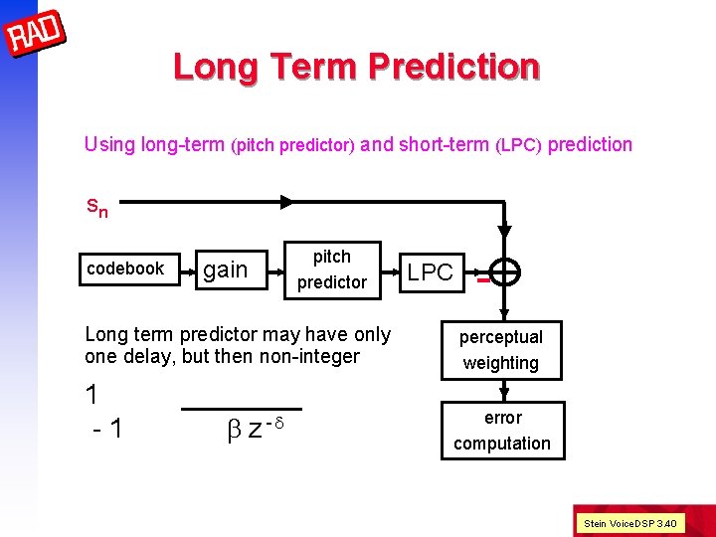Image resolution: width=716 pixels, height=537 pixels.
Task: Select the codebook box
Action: pyautogui.click(x=125, y=268)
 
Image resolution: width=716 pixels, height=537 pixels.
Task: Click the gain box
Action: pyautogui.click(x=226, y=269)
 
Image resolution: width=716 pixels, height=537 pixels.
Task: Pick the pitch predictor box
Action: pyautogui.click(x=331, y=269)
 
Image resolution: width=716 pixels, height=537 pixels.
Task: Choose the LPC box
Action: pyautogui.click(x=431, y=271)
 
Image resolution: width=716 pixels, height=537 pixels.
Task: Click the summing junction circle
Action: pyautogui.click(x=505, y=272)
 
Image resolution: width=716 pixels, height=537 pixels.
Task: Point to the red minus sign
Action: pyautogui.click(x=481, y=279)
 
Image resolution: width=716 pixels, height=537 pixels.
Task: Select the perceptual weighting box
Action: pyautogui.click(x=500, y=350)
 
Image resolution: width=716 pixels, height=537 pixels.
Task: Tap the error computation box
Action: pyautogui.click(x=502, y=431)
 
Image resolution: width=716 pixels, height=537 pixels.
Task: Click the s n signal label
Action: pyautogui.click(x=96, y=208)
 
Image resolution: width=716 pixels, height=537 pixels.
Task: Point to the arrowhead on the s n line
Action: pyautogui.click(x=286, y=202)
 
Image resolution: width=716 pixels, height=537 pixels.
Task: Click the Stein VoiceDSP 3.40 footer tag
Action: pyautogui.click(x=630, y=522)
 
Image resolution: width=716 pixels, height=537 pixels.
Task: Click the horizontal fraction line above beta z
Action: pyautogui.click(x=242, y=409)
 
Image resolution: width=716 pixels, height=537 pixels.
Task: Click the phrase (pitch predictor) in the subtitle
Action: pyautogui.click(x=292, y=145)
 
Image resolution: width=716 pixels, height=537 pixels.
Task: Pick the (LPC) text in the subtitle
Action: pyautogui.click(x=518, y=145)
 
